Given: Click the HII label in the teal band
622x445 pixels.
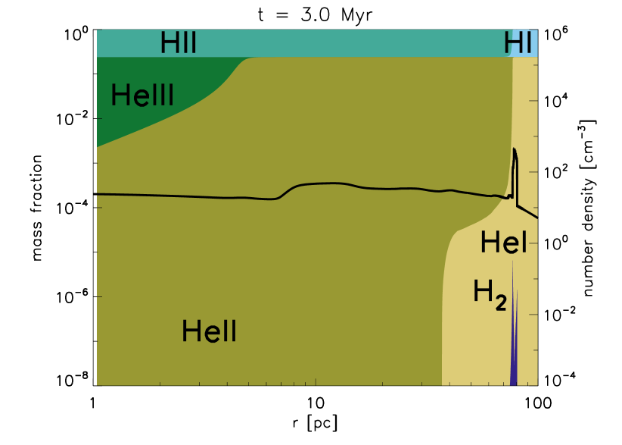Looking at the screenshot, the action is pos(178,43).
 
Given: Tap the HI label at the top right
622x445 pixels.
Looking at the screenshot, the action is pos(518,44).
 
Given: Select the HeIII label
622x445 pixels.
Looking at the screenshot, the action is pos(142,96).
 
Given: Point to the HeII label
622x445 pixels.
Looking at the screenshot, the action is pos(209,331).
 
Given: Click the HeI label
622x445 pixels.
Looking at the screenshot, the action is pos(503,243).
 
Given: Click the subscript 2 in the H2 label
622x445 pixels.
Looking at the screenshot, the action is pos(500,302).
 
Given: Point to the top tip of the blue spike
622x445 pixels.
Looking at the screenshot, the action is pos(513,262).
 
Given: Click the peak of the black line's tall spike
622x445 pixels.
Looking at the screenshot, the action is pos(515,149).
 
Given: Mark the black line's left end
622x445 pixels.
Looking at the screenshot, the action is pos(98,194).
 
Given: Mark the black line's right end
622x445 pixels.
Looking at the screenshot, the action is pos(537,218).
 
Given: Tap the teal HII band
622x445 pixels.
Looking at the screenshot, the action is pos(341,43).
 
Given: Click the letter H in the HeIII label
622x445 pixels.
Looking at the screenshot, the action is pos(119,96).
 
